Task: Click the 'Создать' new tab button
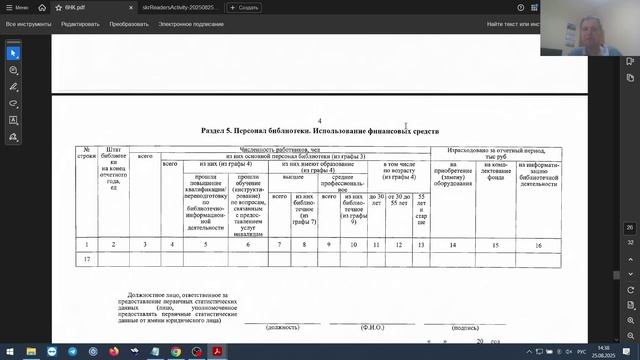click(245, 7)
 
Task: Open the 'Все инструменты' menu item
click(28, 21)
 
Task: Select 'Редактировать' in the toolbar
click(81, 21)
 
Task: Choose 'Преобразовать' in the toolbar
click(130, 21)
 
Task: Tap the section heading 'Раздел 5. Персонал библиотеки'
click(318, 130)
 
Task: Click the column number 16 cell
click(538, 244)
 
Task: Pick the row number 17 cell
click(88, 259)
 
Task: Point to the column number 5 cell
click(205, 244)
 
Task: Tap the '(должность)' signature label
click(283, 327)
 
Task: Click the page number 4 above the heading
click(319, 118)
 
